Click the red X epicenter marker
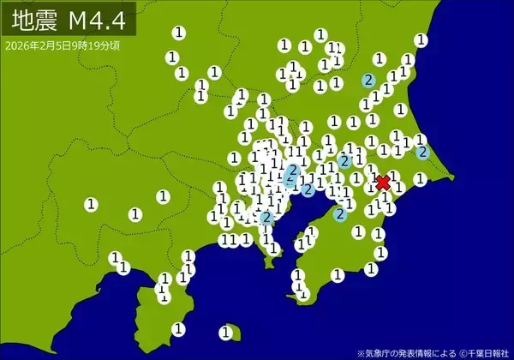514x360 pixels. pos(383,182)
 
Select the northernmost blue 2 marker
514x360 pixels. pos(368,81)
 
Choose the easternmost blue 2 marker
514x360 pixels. pos(422,152)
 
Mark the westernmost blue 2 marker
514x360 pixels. pos(266,218)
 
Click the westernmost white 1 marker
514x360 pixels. pos(91,204)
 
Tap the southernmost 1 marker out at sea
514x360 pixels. pos(225,332)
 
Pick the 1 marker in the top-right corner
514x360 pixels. pos(421,39)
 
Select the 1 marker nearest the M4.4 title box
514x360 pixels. pos(178,33)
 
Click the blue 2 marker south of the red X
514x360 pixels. pos(340,214)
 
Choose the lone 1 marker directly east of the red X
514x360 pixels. pos(420,179)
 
